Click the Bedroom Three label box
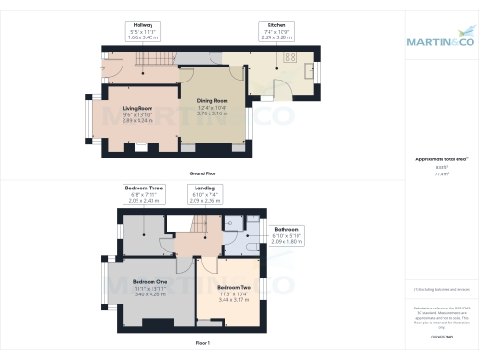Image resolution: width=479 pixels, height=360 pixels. (144, 195)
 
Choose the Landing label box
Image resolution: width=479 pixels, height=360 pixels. (203, 195)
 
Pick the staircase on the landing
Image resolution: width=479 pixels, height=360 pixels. (197, 227)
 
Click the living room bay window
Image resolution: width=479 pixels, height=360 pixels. (92, 120)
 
